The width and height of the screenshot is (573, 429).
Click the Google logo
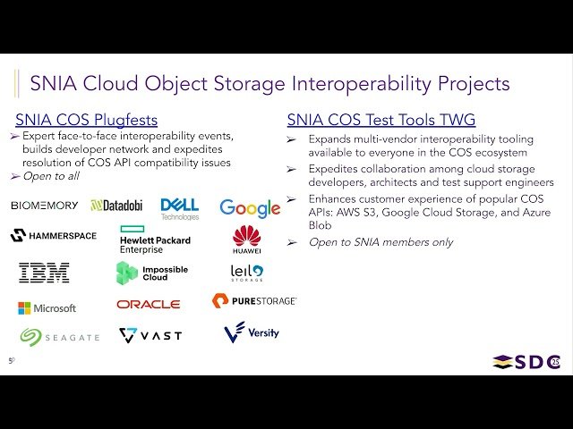point(250,208)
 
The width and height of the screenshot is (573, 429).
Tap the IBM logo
point(44,273)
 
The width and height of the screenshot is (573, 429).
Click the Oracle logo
point(148,305)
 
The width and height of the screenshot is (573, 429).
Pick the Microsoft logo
point(47,308)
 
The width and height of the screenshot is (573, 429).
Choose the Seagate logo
point(60,336)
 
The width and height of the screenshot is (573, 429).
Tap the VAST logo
point(150,335)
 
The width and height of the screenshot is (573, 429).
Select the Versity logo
point(252,332)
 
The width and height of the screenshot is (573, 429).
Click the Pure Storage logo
point(254,301)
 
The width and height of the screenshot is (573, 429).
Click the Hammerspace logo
point(51,236)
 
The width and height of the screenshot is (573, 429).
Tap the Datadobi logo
point(116,206)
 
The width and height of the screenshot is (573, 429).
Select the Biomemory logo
point(45,206)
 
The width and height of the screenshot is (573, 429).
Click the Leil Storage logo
point(246,272)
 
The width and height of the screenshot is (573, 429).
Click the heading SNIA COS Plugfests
point(87,120)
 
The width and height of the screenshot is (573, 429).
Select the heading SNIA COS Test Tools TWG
point(381,120)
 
